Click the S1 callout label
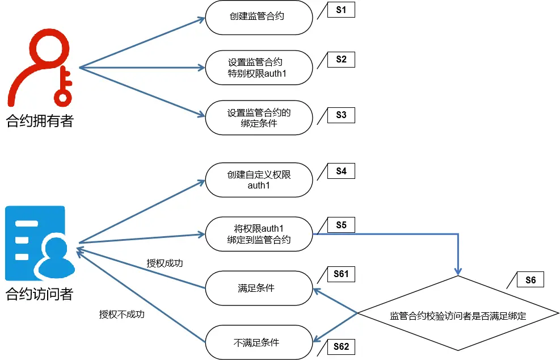(x=341, y=11)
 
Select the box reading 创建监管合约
(x=259, y=17)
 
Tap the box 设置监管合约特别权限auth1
(x=259, y=68)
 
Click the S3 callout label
(x=341, y=115)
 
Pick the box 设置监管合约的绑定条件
(x=259, y=118)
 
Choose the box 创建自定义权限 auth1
(x=259, y=180)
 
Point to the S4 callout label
(x=341, y=171)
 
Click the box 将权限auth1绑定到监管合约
(x=259, y=234)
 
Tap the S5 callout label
(x=341, y=225)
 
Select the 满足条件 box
(x=259, y=288)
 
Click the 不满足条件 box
(x=259, y=342)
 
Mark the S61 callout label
(x=341, y=275)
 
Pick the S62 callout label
(x=341, y=346)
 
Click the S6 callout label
(x=530, y=279)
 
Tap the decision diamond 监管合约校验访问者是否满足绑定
(x=458, y=316)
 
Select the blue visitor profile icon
(x=40, y=244)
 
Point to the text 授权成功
(x=165, y=263)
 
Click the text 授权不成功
(x=121, y=314)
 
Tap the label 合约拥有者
(x=40, y=120)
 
